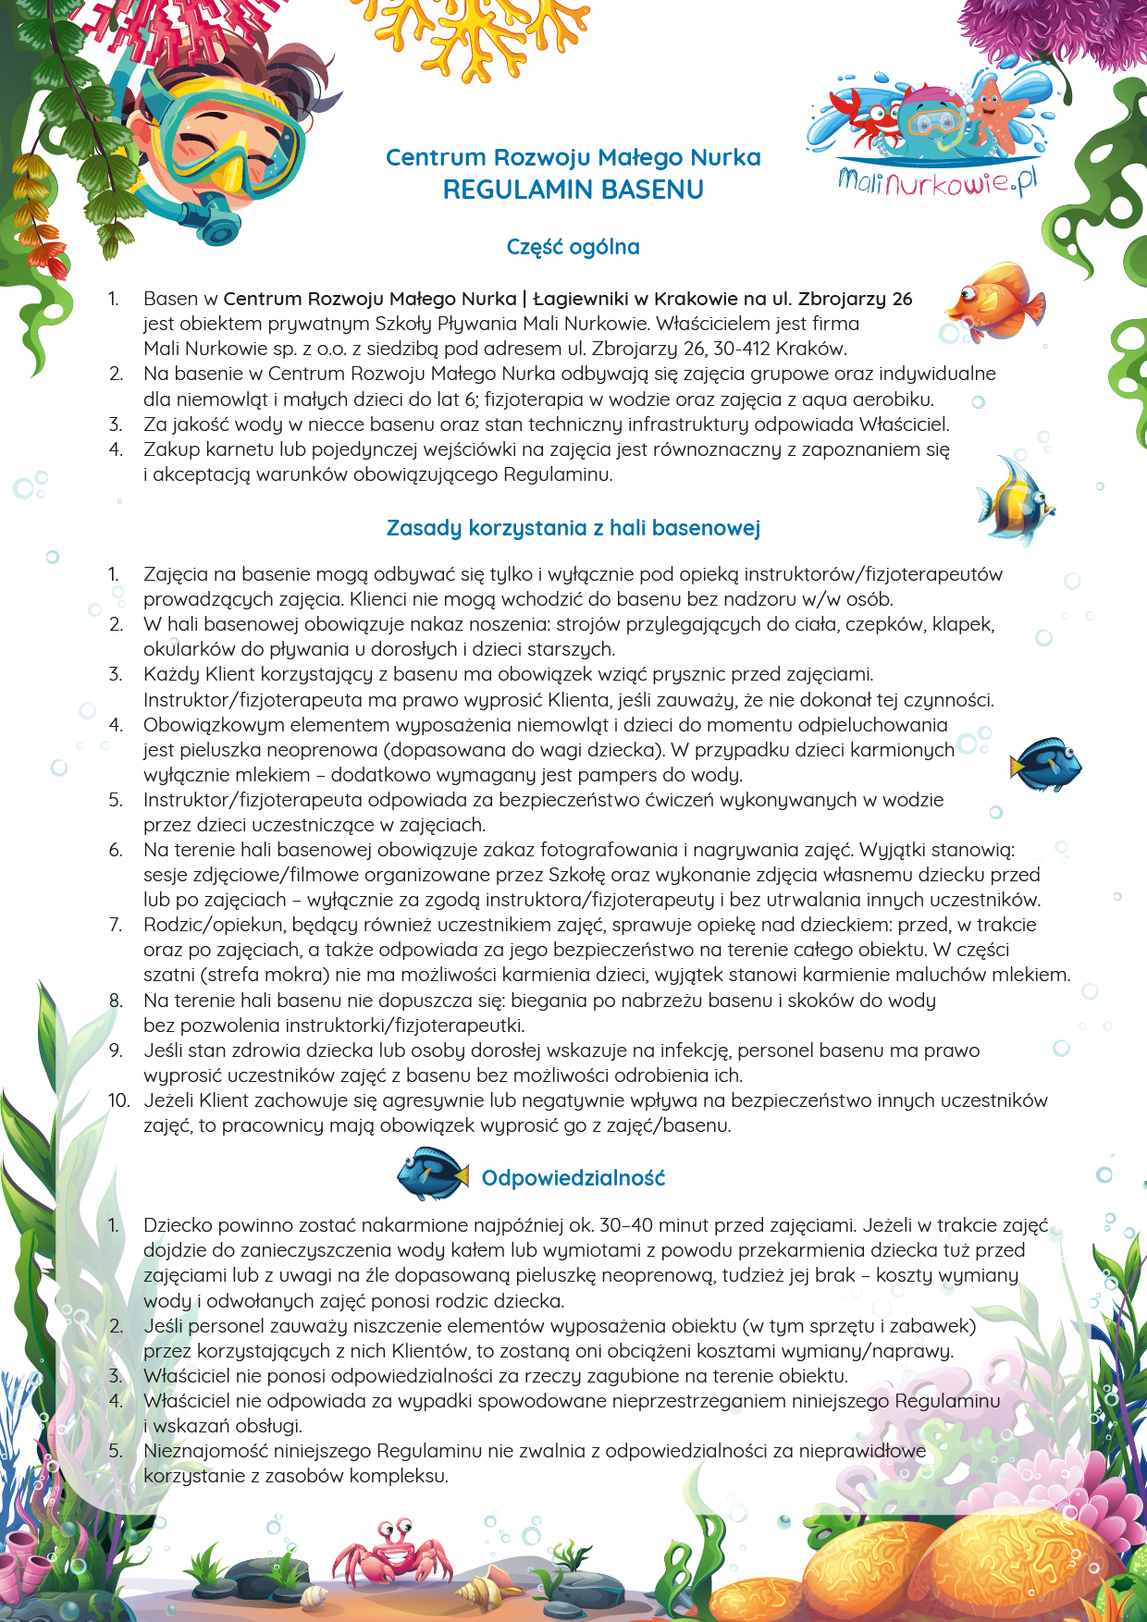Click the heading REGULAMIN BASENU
coord(573,190)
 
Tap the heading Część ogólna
coord(573,247)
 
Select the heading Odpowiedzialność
coord(573,1178)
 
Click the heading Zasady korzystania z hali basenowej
coord(573,528)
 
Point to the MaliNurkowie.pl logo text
coord(937,179)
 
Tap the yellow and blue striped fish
coord(1015,500)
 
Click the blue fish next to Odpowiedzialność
coord(432,1173)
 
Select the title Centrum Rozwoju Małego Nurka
coord(573,158)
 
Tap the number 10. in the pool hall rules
coord(118,1100)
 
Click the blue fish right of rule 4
coord(1046,764)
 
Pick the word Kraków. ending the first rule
coord(813,349)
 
